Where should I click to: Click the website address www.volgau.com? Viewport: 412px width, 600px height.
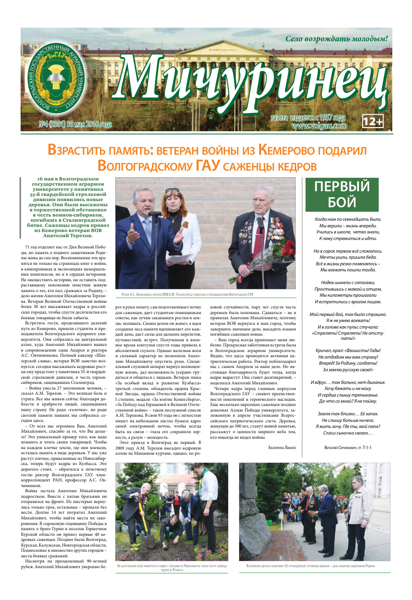click(x=319, y=126)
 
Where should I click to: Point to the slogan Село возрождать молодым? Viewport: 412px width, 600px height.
click(x=337, y=38)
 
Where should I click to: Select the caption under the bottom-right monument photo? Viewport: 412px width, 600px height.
click(x=314, y=565)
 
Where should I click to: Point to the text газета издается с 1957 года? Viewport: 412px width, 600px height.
click(x=308, y=118)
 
